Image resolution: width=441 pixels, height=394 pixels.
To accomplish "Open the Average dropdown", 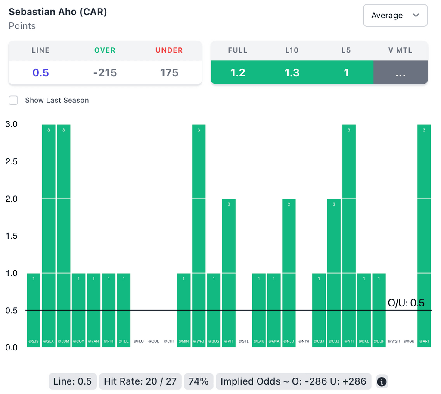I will [x=395, y=16].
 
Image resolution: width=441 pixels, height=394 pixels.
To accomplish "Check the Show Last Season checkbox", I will [x=14, y=100].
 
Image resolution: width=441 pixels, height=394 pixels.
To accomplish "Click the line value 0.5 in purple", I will [x=40, y=72].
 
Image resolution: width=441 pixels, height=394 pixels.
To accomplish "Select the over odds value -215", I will [x=105, y=72].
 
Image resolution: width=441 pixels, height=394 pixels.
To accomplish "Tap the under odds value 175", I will [x=169, y=72].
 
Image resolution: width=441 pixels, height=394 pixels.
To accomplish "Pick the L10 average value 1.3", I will [x=292, y=72].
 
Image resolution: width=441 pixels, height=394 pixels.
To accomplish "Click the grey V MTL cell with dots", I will [x=401, y=72].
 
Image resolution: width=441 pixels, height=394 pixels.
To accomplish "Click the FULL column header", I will [x=238, y=50].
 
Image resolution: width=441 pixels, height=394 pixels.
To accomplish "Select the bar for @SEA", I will [x=49, y=235].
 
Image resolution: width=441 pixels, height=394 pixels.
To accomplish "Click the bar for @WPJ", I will [x=199, y=235].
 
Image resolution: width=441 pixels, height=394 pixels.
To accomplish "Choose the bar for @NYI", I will [x=349, y=235].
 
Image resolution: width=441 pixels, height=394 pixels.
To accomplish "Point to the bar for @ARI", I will [x=424, y=235].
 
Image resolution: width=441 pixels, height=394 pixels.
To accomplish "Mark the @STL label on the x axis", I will [x=244, y=341].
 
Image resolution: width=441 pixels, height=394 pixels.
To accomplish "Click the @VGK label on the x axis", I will [x=409, y=341].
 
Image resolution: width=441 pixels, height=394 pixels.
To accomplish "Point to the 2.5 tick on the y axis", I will [x=11, y=161].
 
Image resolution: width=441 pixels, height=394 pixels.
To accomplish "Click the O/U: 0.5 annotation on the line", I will [x=406, y=303].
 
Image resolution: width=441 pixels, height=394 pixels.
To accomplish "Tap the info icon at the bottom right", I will [x=382, y=381].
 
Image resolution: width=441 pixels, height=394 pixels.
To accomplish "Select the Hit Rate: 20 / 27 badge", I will [x=140, y=381].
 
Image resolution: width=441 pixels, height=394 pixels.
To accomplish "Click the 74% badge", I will [x=199, y=381].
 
